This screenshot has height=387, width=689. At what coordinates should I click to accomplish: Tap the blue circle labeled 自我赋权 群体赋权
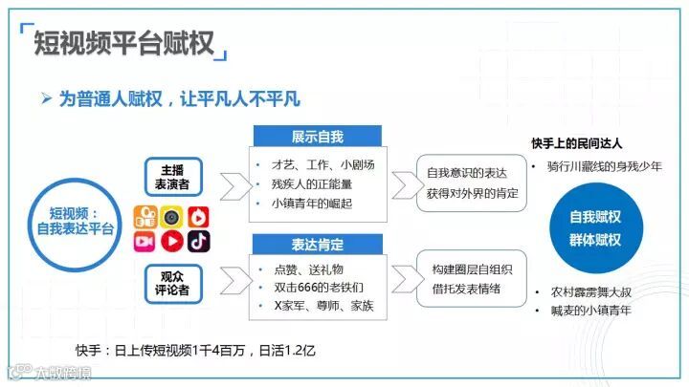click(594, 229)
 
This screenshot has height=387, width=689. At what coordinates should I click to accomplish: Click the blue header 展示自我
click(316, 136)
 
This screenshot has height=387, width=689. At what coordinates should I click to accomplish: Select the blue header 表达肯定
click(316, 243)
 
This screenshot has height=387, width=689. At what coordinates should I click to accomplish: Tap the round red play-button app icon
click(172, 241)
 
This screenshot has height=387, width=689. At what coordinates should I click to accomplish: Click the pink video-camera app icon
click(145, 241)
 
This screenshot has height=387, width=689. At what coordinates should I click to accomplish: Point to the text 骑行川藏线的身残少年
click(602, 166)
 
